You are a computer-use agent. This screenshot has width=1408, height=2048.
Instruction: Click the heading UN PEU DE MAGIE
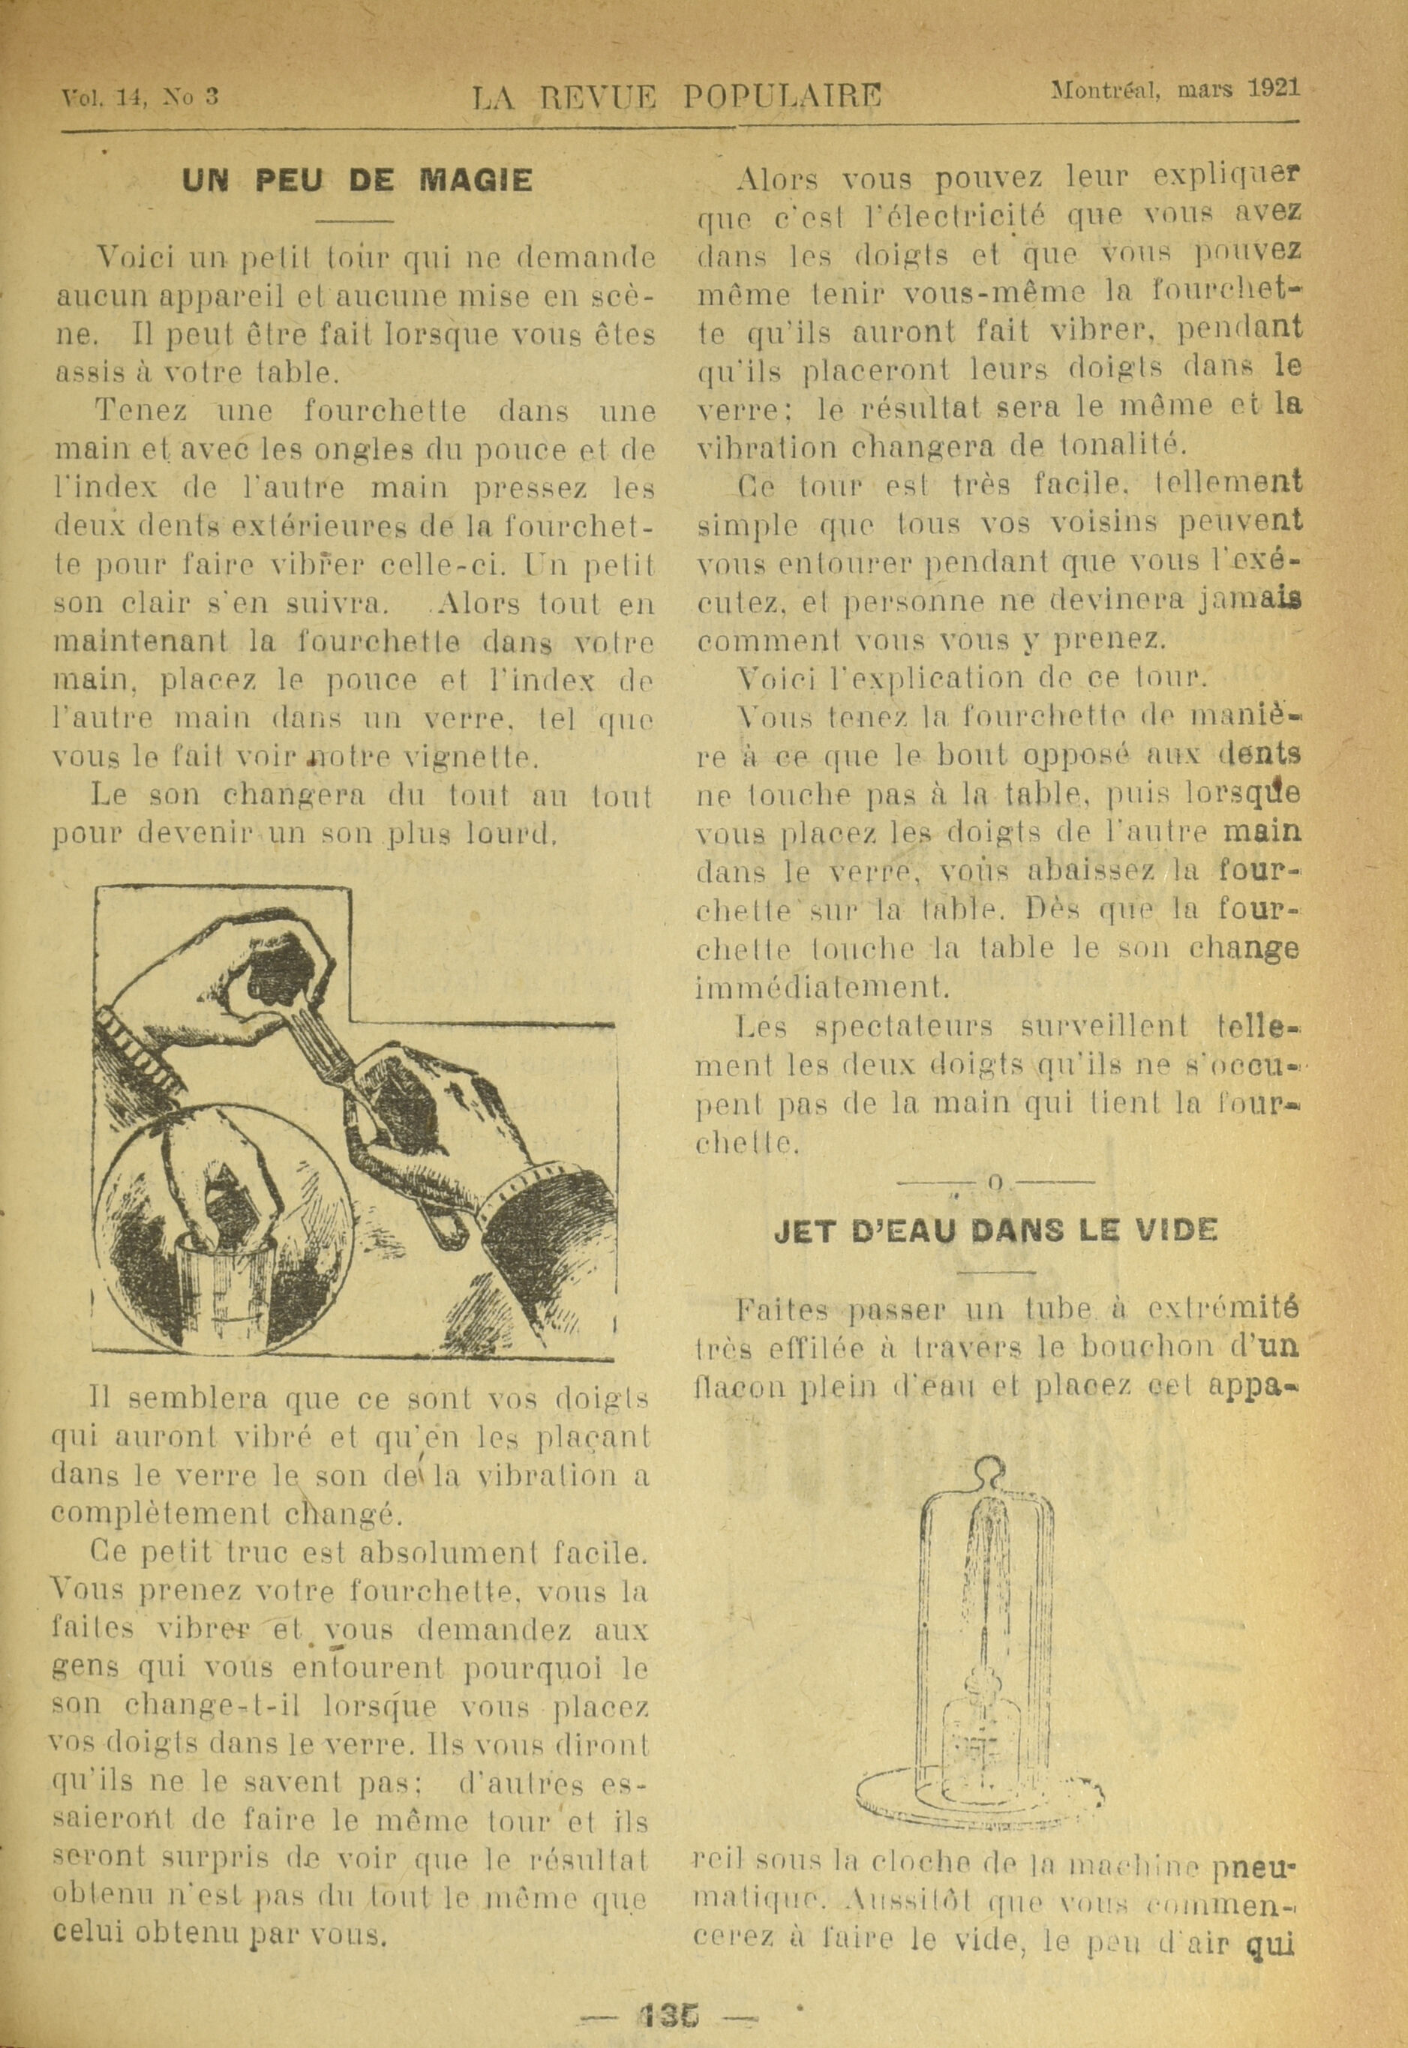coord(356,181)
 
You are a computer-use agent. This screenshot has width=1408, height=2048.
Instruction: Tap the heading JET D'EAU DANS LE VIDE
coord(995,1230)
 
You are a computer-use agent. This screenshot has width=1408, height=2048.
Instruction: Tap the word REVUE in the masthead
coord(599,96)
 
